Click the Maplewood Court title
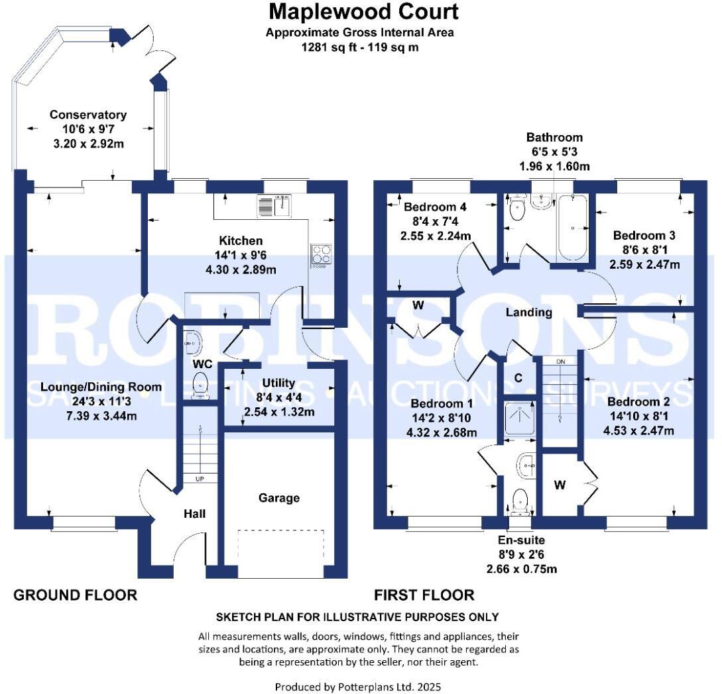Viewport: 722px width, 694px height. (x=363, y=12)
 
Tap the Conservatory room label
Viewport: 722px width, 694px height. (x=88, y=115)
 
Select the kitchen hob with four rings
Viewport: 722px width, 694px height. (x=322, y=255)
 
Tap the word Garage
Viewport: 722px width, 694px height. (x=279, y=498)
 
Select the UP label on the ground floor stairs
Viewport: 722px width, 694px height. (x=199, y=478)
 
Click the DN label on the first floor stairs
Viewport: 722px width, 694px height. (x=560, y=362)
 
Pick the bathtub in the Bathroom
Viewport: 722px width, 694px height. (x=572, y=228)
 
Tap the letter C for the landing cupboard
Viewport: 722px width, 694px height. (x=519, y=378)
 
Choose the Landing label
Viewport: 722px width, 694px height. (x=528, y=312)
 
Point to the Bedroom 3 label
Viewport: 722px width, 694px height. (x=639, y=235)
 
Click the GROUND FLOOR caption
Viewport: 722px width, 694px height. (x=76, y=595)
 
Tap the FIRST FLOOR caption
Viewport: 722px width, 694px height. (x=424, y=595)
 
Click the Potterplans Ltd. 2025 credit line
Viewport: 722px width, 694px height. (x=358, y=687)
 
